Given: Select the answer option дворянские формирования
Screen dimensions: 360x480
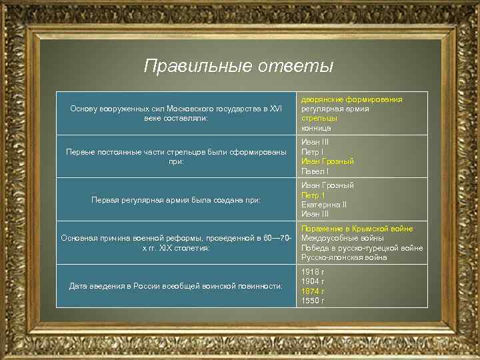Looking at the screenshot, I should pos(351,99).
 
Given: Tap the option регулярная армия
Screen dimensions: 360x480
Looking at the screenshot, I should pos(335,109).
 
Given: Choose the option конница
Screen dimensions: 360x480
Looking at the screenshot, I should pos(316,127).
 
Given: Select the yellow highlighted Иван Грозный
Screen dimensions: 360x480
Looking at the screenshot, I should pos(327,161).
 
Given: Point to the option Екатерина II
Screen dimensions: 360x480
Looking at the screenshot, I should pos(324,205).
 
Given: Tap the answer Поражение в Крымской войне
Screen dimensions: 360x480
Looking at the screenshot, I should pos(357,229).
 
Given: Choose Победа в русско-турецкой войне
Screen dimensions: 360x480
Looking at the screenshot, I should pos(362,248).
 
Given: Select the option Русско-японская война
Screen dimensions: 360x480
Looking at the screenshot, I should pos(344,257).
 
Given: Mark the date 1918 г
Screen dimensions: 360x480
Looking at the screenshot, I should pos(313,272).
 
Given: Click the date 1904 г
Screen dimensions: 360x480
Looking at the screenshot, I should pos(313,281).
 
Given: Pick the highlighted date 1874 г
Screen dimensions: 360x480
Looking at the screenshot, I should pos(313,291).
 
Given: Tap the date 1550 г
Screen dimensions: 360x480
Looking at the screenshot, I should pos(313,301).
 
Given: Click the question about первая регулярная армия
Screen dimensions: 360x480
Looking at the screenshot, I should pos(175,199).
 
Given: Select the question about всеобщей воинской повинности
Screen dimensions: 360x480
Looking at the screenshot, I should pos(175,286).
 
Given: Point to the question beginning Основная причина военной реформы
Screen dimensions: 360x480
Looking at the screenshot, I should pos(175,243).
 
